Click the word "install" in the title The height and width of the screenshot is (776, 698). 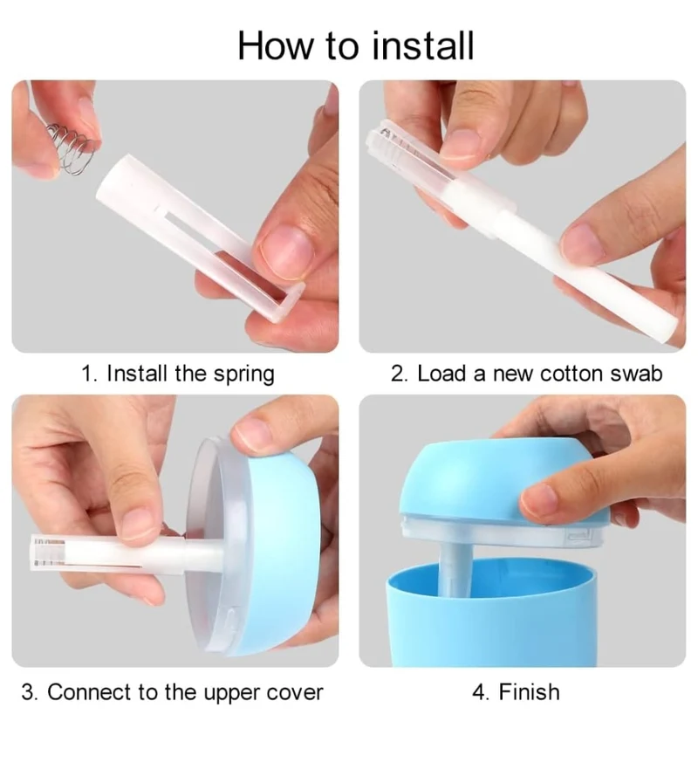point(422,45)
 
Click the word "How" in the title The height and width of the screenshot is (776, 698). point(276,46)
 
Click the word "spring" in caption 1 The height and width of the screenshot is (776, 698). point(244,374)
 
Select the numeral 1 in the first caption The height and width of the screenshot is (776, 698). point(87,373)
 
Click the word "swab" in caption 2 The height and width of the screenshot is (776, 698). point(636,373)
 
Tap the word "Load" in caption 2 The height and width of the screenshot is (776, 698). point(441,373)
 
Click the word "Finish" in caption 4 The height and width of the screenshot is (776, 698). point(530,692)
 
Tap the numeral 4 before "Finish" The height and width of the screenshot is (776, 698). point(478,692)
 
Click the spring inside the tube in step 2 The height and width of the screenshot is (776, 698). point(396,141)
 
